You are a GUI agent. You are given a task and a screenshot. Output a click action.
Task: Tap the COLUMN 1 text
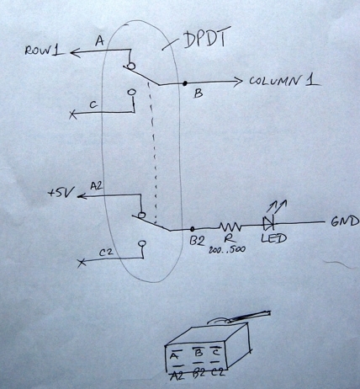(283, 82)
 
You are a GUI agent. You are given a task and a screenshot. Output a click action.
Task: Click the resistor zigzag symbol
(230, 226)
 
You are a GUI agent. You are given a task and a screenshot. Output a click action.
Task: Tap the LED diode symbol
(268, 224)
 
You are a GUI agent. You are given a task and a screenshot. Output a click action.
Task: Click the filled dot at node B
(184, 84)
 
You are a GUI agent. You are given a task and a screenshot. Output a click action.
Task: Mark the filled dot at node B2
(193, 228)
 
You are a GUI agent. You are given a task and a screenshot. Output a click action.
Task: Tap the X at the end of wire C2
(81, 264)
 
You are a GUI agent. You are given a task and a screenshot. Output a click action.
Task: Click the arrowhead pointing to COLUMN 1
(236, 83)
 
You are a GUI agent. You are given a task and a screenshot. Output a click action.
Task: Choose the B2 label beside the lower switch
(198, 242)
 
